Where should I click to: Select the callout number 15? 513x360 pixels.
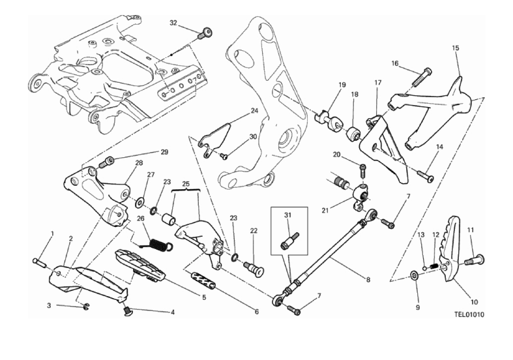456,48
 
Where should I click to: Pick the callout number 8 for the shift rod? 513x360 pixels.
368,280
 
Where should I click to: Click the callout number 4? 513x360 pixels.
172,313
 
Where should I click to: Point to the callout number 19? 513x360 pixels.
342,85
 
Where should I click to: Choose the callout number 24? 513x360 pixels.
254,112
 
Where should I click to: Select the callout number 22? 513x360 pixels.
254,231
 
